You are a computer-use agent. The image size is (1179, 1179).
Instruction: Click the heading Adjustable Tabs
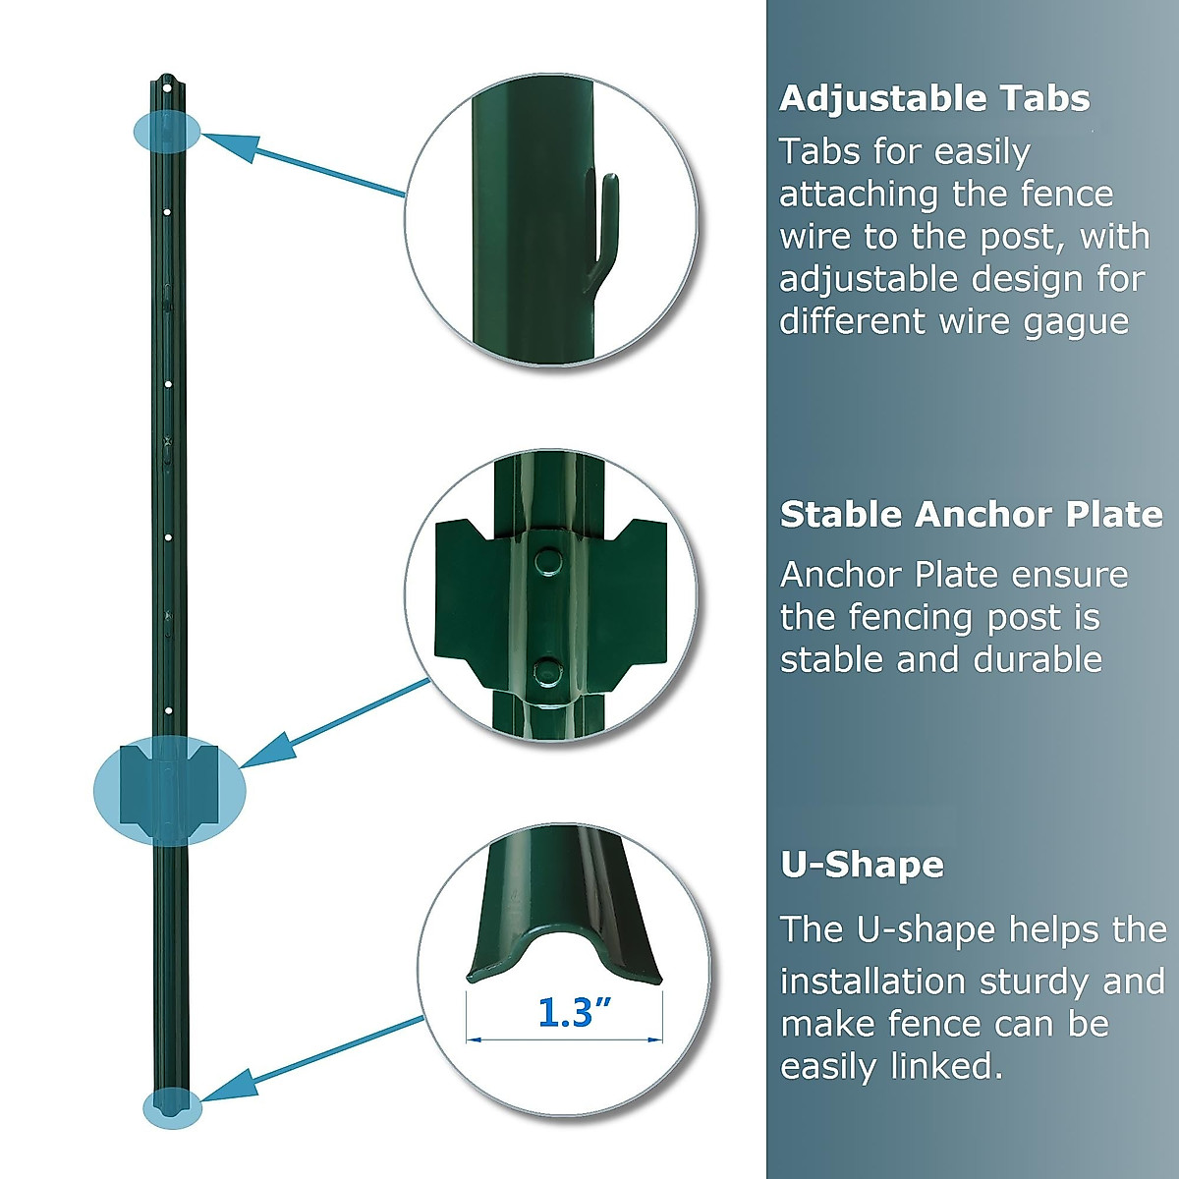click(934, 98)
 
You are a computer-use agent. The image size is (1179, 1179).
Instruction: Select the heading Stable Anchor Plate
click(971, 515)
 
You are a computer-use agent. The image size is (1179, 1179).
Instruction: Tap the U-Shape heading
click(862, 865)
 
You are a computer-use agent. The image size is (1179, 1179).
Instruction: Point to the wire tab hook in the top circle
click(601, 232)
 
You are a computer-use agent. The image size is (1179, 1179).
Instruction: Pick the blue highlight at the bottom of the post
click(172, 1107)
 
